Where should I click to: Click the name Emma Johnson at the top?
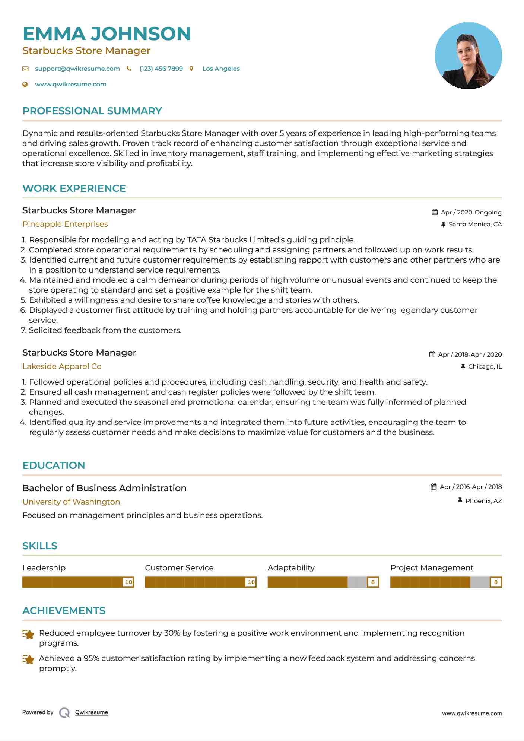[x=107, y=34]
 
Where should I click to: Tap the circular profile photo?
[x=468, y=56]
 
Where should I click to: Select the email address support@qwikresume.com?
[x=77, y=69]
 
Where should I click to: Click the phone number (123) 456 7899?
[x=161, y=69]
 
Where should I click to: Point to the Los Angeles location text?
[x=221, y=69]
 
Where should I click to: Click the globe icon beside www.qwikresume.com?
[x=25, y=85]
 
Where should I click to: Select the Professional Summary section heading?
[x=92, y=111]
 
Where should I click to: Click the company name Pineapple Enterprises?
[x=65, y=224]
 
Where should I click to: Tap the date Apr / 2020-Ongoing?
[x=471, y=212]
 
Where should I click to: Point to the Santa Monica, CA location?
[x=475, y=224]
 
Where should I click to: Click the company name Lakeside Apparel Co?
[x=62, y=366]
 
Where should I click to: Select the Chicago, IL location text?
[x=485, y=366]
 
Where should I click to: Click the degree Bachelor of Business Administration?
[x=104, y=488]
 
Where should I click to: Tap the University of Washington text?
[x=71, y=502]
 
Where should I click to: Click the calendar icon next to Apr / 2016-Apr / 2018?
[x=434, y=487]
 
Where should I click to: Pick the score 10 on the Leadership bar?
[x=128, y=582]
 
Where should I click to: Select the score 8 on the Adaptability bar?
[x=373, y=582]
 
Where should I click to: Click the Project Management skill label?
[x=432, y=568]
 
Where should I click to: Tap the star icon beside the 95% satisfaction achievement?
[x=28, y=659]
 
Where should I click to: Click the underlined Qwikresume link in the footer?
[x=92, y=712]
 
